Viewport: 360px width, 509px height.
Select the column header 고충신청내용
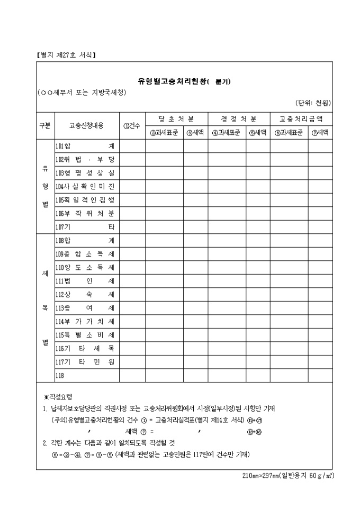point(86,126)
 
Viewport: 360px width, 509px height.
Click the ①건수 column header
point(132,126)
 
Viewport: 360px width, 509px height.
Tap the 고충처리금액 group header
point(301,119)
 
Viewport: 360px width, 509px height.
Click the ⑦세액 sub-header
point(320,133)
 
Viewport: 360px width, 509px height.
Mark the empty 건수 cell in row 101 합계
point(132,146)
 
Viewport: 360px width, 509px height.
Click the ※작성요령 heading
point(58,396)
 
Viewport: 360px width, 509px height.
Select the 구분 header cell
point(44,126)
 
